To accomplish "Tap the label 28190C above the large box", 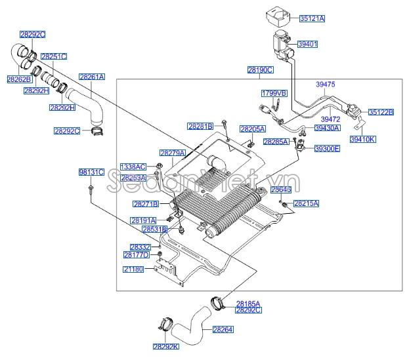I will pos(260,70).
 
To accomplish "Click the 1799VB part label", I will pos(274,94).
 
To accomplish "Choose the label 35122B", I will pos(380,112).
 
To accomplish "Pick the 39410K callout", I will pos(363,139).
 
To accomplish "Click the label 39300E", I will pos(327,149).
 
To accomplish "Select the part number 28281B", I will pos(200,126).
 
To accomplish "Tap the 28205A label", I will pos(252,129).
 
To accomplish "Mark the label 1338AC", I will pos(133,167).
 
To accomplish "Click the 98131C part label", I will pos(91,172).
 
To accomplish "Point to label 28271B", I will pos(146,204).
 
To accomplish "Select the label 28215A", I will pos(306,204).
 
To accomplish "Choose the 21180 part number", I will pos(133,269).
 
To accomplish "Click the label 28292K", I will pos(165,346).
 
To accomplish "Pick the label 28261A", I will pos(92,77).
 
